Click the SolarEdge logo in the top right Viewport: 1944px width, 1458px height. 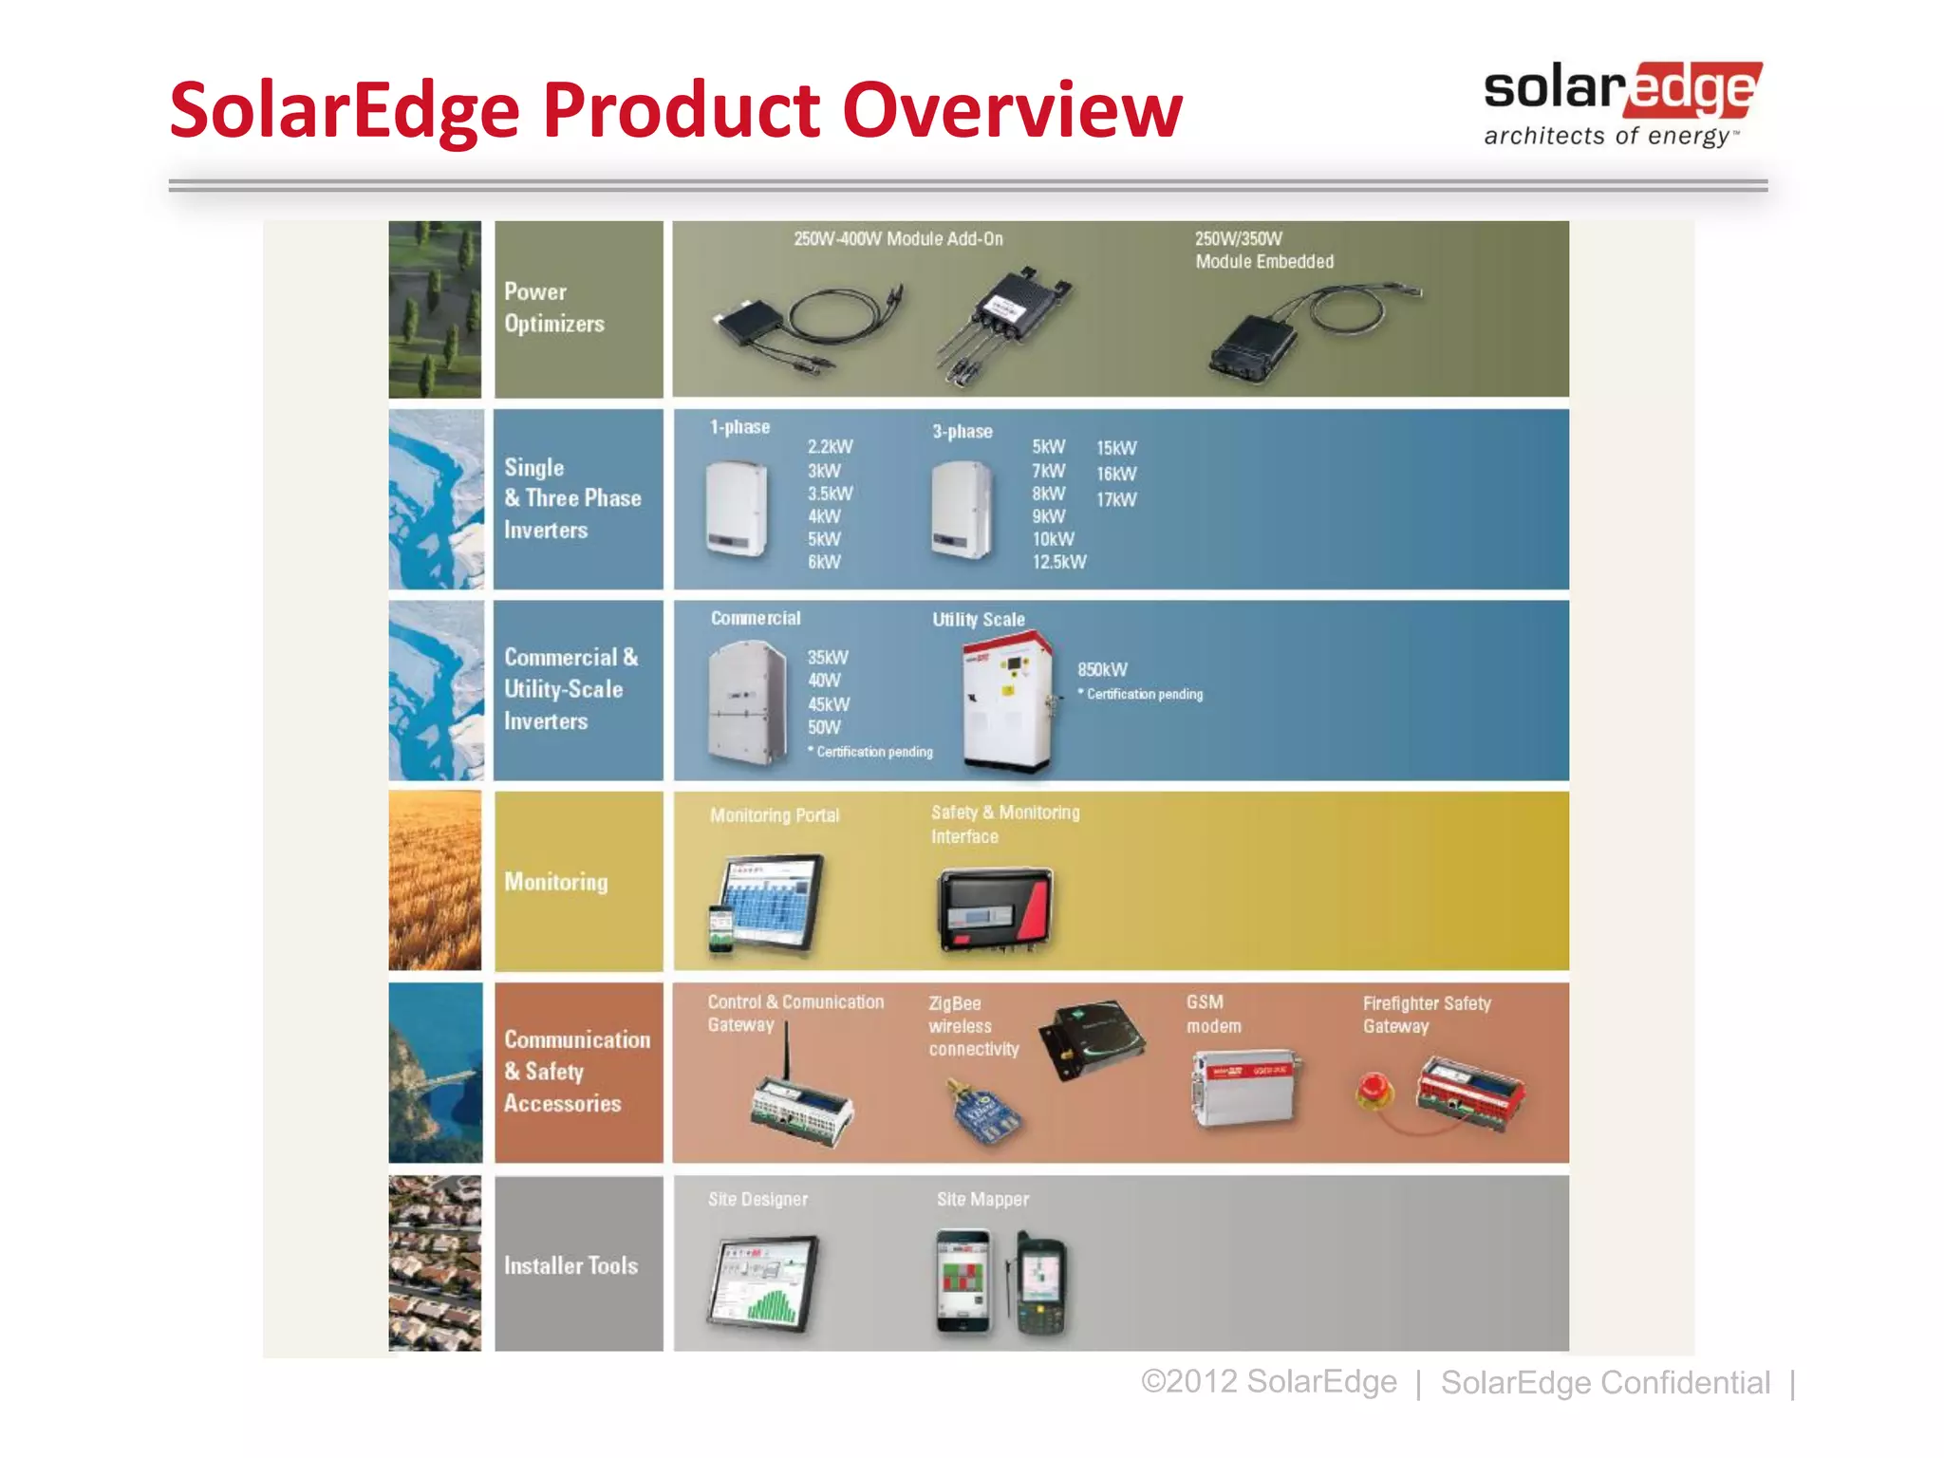click(1622, 104)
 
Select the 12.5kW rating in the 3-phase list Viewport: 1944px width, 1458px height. click(1059, 562)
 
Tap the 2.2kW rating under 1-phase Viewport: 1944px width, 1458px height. click(831, 447)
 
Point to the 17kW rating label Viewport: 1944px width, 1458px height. click(1116, 499)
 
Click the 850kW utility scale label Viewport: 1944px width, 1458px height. click(1102, 669)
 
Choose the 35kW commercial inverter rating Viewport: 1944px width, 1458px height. click(828, 657)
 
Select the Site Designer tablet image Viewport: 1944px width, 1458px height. click(763, 1282)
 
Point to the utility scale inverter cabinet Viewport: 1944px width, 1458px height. click(1008, 702)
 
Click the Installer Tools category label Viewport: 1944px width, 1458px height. click(570, 1265)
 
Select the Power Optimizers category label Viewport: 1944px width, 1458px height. click(554, 308)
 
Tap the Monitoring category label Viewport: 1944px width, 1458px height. click(556, 882)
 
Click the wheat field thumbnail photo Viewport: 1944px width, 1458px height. click(435, 881)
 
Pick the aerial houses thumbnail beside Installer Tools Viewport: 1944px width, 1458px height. click(435, 1263)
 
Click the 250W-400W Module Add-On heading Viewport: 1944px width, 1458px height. click(898, 239)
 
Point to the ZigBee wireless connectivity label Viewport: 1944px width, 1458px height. click(974, 1026)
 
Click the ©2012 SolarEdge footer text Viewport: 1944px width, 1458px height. click(1269, 1381)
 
